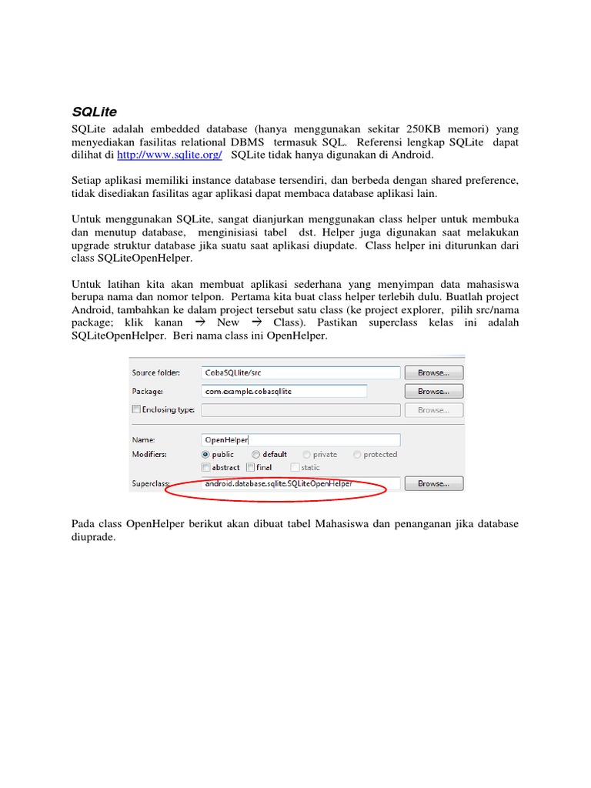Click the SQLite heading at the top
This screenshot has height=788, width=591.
(94, 112)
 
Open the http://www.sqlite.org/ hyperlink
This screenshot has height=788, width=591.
(169, 155)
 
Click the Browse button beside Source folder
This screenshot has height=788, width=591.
(433, 372)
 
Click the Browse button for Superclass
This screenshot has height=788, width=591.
(433, 484)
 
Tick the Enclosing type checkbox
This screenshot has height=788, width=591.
(136, 410)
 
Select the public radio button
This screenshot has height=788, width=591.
(205, 455)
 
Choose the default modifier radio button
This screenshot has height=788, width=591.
(256, 455)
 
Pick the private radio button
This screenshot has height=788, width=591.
(307, 455)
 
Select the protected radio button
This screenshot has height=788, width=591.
(358, 455)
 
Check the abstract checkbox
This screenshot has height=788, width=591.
(205, 467)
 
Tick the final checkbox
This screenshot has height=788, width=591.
(250, 467)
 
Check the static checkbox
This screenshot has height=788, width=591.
(295, 467)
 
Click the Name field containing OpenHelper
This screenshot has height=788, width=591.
(300, 440)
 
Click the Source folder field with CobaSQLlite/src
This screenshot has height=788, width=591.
(300, 372)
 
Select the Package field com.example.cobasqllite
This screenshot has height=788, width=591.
(283, 391)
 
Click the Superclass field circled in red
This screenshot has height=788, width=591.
(300, 484)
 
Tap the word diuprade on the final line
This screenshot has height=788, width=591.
(93, 537)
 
